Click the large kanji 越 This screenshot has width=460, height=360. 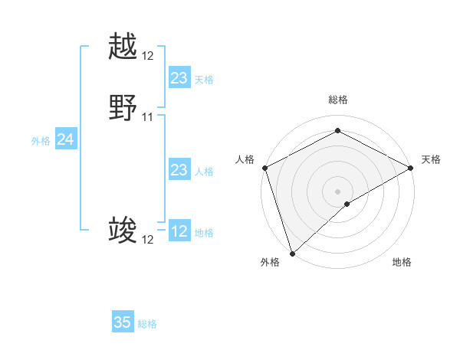(x=123, y=47)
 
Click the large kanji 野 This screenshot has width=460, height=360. (x=123, y=108)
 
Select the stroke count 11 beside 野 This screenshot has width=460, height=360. (x=148, y=117)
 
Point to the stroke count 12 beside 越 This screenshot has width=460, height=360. (x=148, y=56)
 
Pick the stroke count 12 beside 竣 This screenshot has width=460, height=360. (x=148, y=240)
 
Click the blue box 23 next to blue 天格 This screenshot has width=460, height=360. (x=179, y=78)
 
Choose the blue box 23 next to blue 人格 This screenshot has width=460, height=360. (x=179, y=170)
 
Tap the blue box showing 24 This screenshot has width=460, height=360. (x=66, y=139)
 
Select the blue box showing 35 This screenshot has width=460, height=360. (x=123, y=322)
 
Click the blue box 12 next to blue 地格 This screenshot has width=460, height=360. (x=179, y=231)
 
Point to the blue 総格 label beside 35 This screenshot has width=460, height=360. (x=147, y=324)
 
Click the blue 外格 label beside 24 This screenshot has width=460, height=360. (x=41, y=141)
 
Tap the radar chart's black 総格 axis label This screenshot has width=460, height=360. (x=338, y=100)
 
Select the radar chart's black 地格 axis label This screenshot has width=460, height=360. (x=402, y=262)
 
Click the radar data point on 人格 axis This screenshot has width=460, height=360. (x=264, y=168)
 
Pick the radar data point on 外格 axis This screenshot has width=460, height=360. (x=292, y=253)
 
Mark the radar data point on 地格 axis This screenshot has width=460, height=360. (x=347, y=204)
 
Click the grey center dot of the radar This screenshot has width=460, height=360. (x=338, y=191)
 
